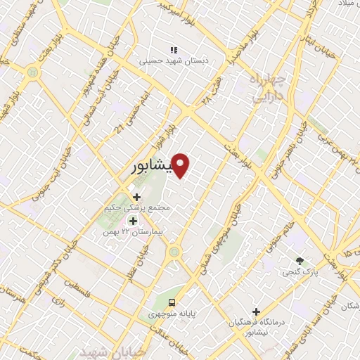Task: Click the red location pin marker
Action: (181, 166)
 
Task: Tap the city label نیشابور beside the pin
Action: (151, 169)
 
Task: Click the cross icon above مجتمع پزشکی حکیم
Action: (136, 197)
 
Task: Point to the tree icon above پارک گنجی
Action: (301, 260)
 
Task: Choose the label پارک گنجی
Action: (299, 271)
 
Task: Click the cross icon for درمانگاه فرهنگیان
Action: (257, 311)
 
